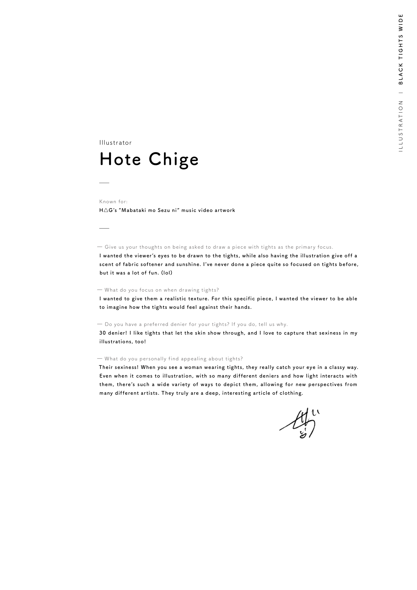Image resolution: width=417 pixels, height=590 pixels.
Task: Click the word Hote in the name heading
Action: [120, 159]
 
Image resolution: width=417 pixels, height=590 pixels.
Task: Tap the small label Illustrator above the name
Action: [116, 143]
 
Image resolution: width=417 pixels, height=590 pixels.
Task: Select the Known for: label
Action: [114, 202]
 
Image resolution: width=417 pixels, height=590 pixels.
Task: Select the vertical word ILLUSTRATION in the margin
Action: [401, 126]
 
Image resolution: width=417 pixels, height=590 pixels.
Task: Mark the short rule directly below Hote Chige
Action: [104, 183]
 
